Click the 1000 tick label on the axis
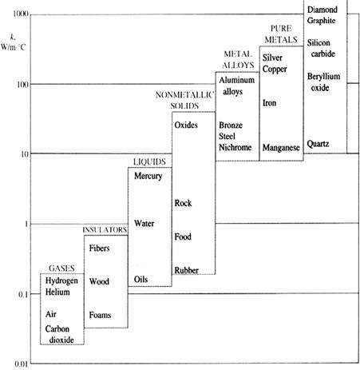(21, 14)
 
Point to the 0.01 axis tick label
(21, 364)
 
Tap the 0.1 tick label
(23, 294)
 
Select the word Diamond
(322, 10)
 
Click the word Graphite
(321, 21)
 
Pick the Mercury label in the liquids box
(148, 176)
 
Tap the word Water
(144, 223)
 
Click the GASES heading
(61, 269)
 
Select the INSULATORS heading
(105, 230)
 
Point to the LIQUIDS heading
(149, 161)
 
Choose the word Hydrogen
(61, 280)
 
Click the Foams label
(100, 315)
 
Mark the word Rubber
(187, 270)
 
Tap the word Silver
(272, 58)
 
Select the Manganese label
(281, 148)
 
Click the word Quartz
(318, 144)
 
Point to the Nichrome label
(235, 147)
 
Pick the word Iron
(269, 103)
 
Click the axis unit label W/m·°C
(13, 47)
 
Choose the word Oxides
(186, 125)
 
